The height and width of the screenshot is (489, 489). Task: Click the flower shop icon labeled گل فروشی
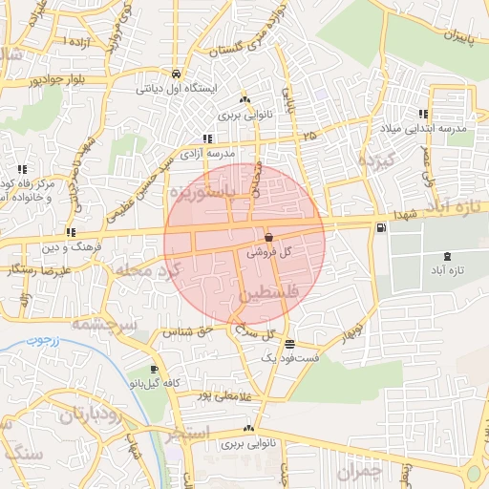pos(268,237)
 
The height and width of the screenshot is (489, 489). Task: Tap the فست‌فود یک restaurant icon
pos(290,345)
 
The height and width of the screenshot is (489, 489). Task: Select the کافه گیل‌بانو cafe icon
pos(155,369)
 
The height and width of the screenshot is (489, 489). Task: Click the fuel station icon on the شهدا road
pos(382,227)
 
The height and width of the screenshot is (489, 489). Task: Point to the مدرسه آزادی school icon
pos(208,139)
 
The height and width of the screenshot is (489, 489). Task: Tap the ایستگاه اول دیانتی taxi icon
pos(177,73)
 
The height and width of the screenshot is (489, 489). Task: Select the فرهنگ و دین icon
pos(72,232)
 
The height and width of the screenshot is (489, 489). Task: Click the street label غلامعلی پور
pos(225,395)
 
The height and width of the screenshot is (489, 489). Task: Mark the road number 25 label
pos(308,137)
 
